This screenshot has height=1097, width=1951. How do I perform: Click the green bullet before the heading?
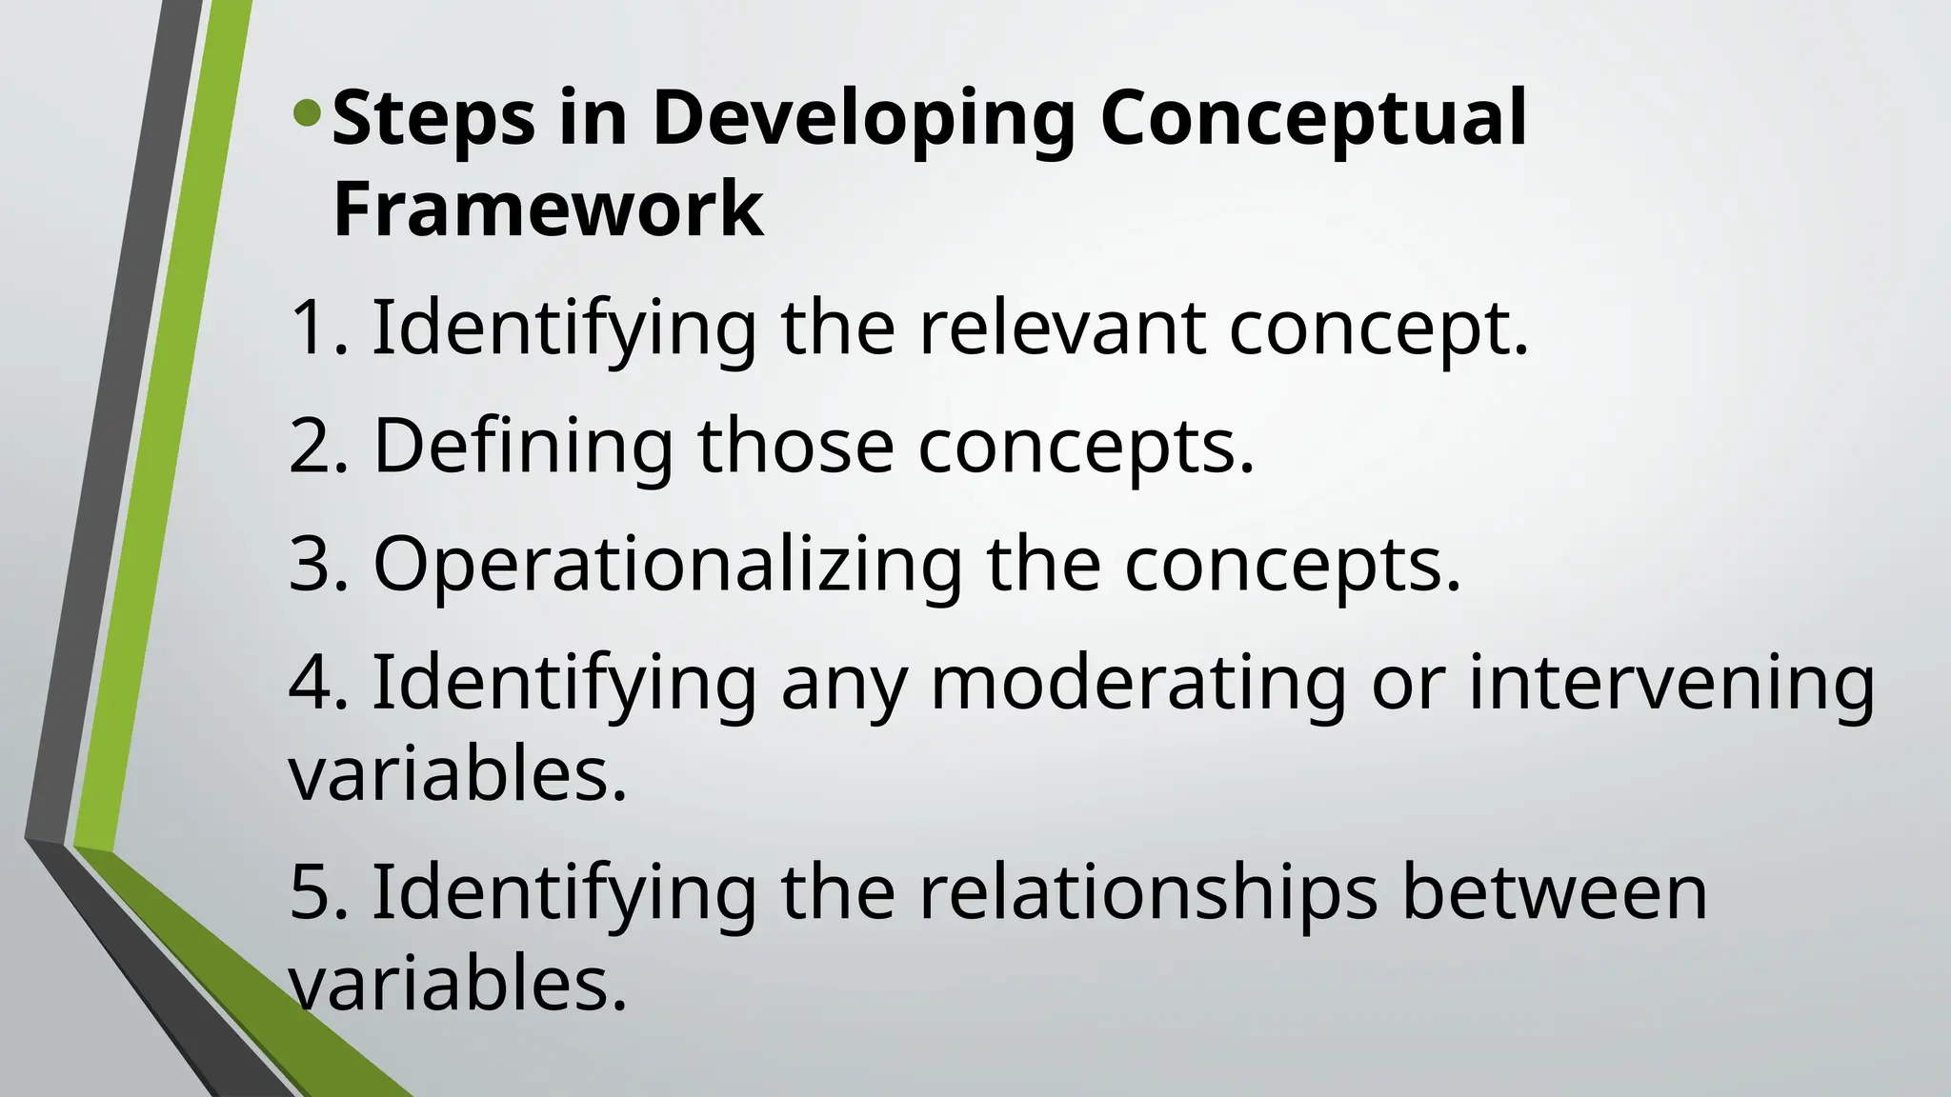(x=308, y=116)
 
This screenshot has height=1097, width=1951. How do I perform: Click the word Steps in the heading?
(x=433, y=118)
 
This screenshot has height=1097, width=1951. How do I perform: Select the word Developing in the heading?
(x=863, y=118)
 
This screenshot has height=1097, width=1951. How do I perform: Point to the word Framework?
(x=548, y=209)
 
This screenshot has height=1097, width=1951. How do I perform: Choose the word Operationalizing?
(x=667, y=566)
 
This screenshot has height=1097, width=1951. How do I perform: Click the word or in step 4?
(x=1407, y=684)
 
